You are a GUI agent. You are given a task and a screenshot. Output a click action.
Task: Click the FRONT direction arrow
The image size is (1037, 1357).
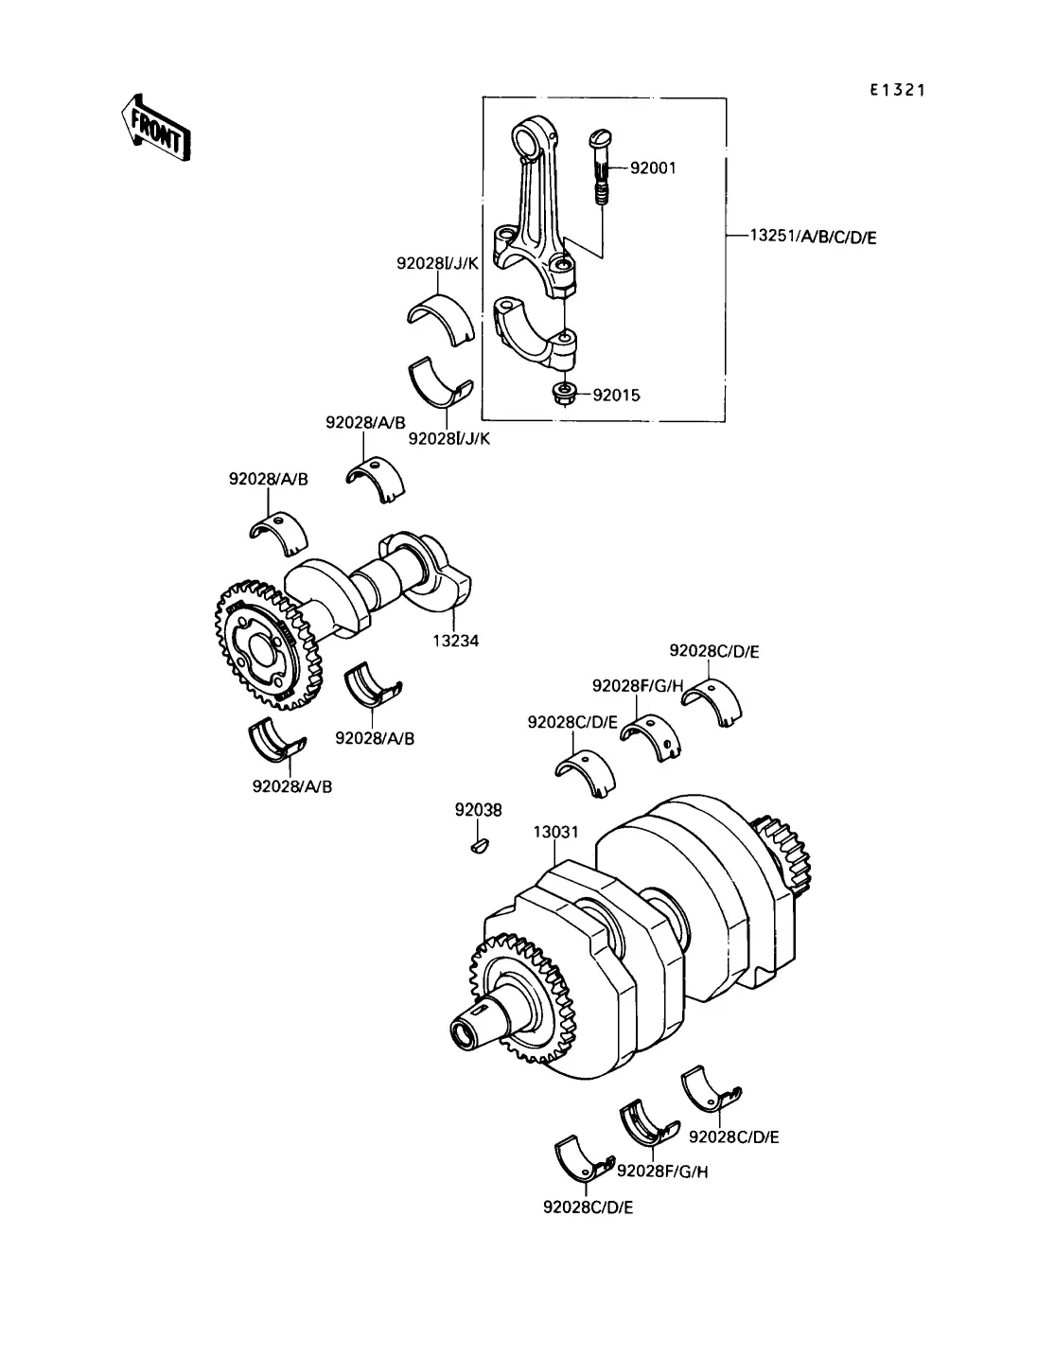point(156,129)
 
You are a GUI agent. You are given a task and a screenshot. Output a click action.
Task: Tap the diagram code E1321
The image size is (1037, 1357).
point(897,90)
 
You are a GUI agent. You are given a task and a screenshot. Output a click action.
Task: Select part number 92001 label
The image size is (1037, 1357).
point(653,168)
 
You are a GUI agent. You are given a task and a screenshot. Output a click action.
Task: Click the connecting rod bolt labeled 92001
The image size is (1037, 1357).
point(601,166)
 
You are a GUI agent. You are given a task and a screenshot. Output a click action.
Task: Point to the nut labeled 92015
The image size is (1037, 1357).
point(564,394)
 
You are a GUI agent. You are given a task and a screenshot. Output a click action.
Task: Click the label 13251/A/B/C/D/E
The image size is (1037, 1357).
point(813,237)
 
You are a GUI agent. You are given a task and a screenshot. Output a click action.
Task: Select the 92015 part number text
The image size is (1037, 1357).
point(616,395)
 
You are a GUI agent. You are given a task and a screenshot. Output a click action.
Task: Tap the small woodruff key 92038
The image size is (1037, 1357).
point(479,846)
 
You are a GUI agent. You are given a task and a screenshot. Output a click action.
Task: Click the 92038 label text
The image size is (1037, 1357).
point(479,810)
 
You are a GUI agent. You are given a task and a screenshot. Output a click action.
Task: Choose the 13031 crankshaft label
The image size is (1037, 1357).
point(556,832)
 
